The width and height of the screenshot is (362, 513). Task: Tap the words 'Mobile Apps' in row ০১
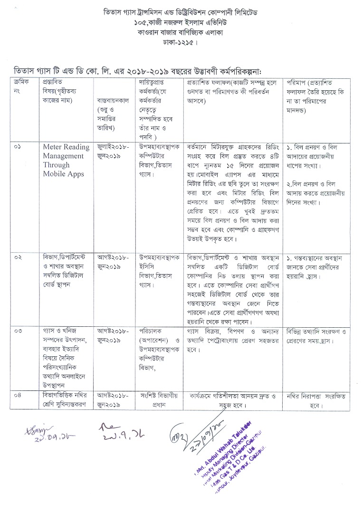[x=63, y=174]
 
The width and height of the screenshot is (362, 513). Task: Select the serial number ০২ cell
[x=18, y=257]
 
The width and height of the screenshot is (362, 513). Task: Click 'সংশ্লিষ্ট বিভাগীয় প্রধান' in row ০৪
[x=158, y=399]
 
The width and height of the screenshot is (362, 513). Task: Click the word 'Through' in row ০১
[x=56, y=165]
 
